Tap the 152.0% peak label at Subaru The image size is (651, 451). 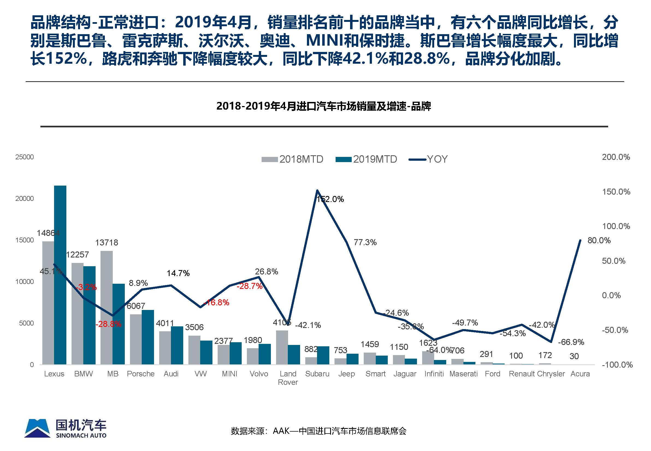[330, 200]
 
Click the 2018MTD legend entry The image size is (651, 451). [292, 159]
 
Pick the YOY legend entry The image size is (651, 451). [428, 159]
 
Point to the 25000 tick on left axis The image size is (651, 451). [24, 157]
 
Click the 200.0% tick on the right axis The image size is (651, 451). [616, 157]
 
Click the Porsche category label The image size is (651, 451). [141, 374]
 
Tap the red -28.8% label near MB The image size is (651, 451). [108, 324]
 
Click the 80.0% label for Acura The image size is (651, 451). [599, 241]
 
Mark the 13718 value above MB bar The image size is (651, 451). [106, 243]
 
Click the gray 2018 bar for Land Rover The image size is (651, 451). [282, 347]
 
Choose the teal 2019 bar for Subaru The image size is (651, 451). [323, 355]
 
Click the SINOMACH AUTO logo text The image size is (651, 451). [81, 435]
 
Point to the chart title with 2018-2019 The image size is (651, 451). [324, 106]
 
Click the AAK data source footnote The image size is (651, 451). [318, 431]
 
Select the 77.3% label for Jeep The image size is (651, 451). [365, 242]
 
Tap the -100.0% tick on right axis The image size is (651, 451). [617, 365]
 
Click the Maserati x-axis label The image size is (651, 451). [463, 374]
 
